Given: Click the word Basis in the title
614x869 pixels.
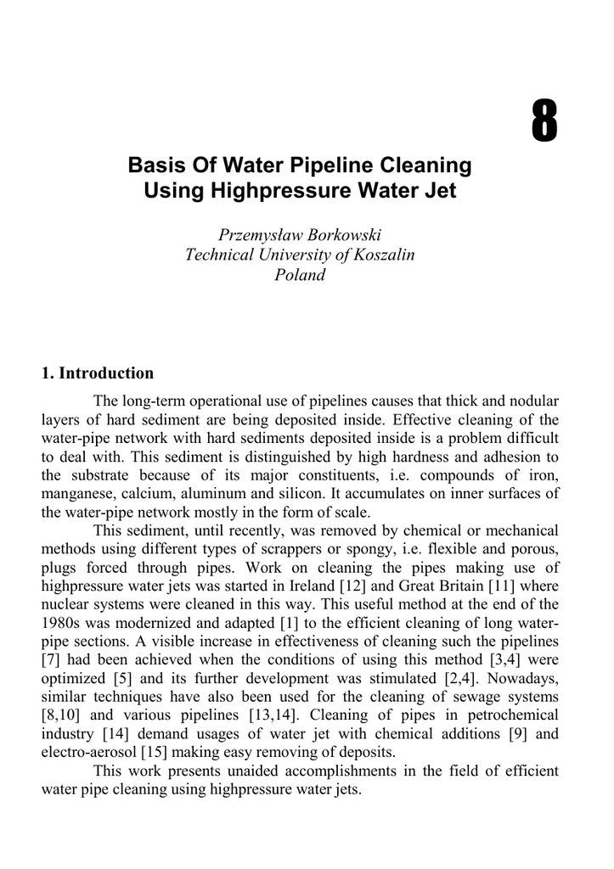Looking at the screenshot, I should click(155, 164).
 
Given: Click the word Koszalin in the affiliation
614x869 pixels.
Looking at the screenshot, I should click(380, 255).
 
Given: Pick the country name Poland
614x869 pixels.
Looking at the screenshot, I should click(300, 275).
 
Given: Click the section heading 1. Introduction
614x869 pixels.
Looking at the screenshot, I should click(98, 373).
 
